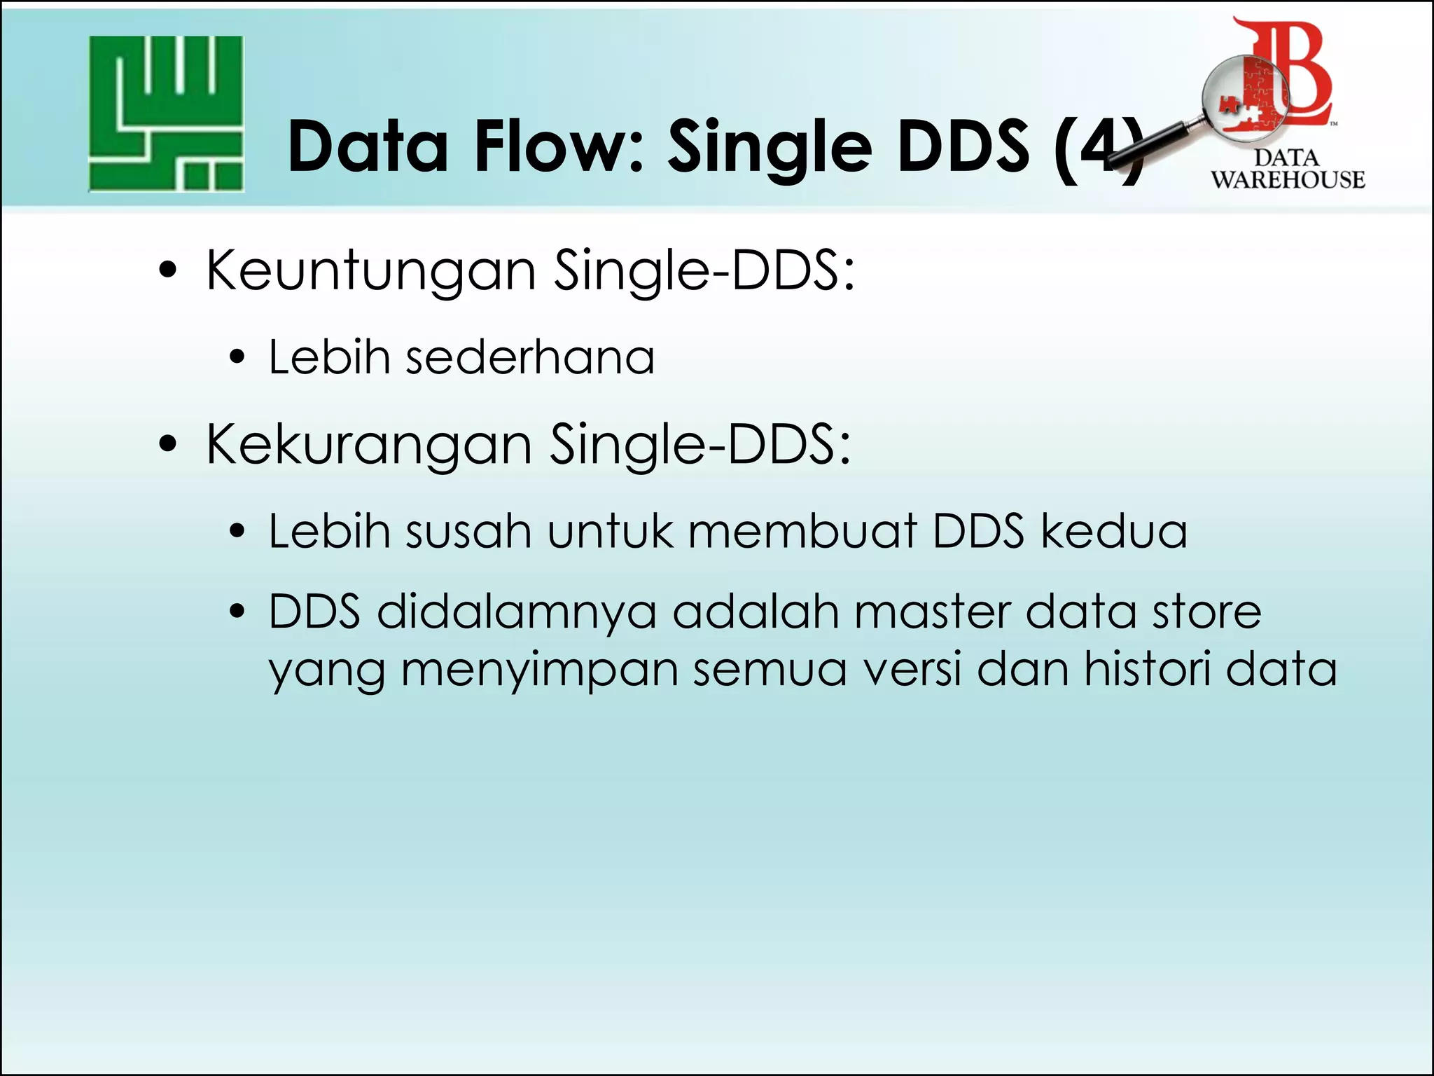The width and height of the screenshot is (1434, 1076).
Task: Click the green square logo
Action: click(x=166, y=113)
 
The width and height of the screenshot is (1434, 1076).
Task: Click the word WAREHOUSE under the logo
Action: click(x=1288, y=180)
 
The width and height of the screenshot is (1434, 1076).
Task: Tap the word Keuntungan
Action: click(x=371, y=271)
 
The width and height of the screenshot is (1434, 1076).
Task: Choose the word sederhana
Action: click(x=530, y=357)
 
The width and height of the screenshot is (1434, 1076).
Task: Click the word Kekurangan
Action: click(x=369, y=445)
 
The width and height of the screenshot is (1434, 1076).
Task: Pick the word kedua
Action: click(x=1113, y=531)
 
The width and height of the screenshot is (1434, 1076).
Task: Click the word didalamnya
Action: click(x=517, y=612)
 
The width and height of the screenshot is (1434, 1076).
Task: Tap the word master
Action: click(x=931, y=612)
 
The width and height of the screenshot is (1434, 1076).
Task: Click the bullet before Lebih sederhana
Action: click(x=237, y=358)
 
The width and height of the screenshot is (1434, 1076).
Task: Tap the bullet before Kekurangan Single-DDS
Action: click(x=168, y=444)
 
